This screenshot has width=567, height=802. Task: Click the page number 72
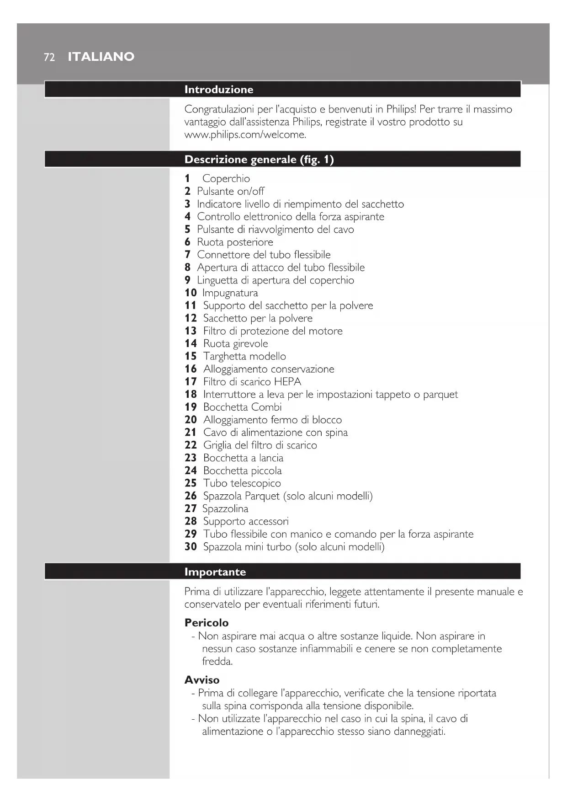coord(49,57)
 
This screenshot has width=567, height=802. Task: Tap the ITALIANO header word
coord(101,57)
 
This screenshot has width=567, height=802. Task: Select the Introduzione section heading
coord(218,90)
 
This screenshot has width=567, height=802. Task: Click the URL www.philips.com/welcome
coord(245,135)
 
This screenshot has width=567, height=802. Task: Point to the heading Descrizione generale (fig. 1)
coord(259,160)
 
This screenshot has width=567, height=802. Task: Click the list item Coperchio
coord(226,179)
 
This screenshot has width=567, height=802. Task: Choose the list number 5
coord(187,230)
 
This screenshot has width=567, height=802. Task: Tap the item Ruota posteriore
coord(235,242)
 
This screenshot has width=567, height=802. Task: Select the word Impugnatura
coord(230,293)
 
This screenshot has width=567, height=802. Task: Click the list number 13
coord(191,331)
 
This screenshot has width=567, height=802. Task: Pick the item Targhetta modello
coord(244,357)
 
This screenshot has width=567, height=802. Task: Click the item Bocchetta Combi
coord(242,407)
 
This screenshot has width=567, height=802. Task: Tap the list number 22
coord(191,445)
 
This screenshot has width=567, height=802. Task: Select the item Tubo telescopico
coord(242,483)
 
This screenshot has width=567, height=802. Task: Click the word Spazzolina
coord(225,509)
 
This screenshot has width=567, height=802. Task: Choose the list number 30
coord(191,547)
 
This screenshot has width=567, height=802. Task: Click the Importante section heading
coord(215,572)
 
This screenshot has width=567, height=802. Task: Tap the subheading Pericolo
coord(206,623)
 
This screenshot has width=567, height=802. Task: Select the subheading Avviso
coord(201,680)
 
